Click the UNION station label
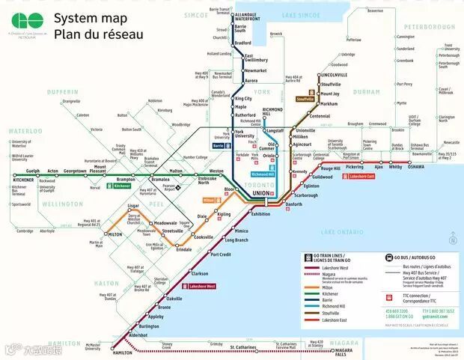tap(260, 193)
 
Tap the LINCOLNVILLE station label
tap(333, 76)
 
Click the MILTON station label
tap(115, 234)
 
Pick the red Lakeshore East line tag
tap(361, 177)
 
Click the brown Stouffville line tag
tap(305, 99)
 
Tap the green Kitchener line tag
tap(122, 186)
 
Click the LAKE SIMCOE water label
tap(300, 15)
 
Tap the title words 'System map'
tap(84, 18)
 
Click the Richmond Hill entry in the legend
tap(334, 306)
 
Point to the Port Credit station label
tap(222, 255)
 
